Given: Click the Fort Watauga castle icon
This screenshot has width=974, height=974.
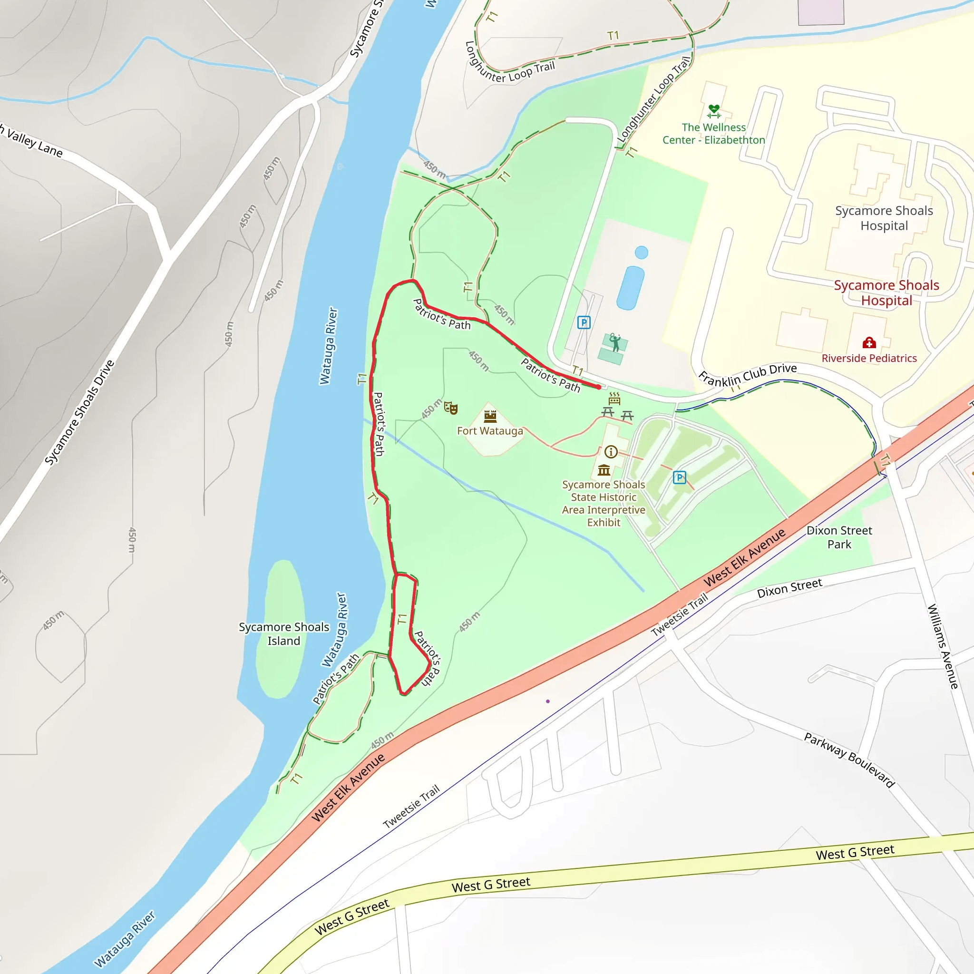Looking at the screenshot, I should [490, 416].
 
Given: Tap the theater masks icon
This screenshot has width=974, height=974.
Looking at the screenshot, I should [451, 408].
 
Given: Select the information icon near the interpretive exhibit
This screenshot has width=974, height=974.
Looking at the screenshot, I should [611, 451].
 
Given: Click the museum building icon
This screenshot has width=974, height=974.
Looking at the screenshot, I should [604, 470].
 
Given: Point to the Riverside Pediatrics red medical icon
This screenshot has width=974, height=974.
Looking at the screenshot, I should [868, 343].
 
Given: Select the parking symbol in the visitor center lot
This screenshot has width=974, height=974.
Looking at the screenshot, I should [679, 477].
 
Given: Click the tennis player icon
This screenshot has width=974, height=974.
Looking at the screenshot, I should [614, 342].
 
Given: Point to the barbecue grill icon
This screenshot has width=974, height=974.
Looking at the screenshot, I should [614, 398].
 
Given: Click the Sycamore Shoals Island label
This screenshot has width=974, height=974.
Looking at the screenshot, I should [283, 633].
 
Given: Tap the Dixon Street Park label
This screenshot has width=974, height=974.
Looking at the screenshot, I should [839, 537].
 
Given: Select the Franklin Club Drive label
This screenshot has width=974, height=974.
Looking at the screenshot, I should [747, 375].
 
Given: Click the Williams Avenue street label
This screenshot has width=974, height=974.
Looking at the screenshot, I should [943, 646].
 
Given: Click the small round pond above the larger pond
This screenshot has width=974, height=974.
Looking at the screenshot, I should [641, 252].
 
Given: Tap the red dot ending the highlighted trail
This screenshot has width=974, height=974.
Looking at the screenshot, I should [598, 387].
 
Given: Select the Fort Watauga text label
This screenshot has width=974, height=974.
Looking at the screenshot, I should [490, 431].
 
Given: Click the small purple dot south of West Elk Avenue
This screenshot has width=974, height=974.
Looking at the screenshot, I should [548, 701].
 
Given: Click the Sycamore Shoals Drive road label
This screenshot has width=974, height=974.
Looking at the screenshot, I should [79, 412].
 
